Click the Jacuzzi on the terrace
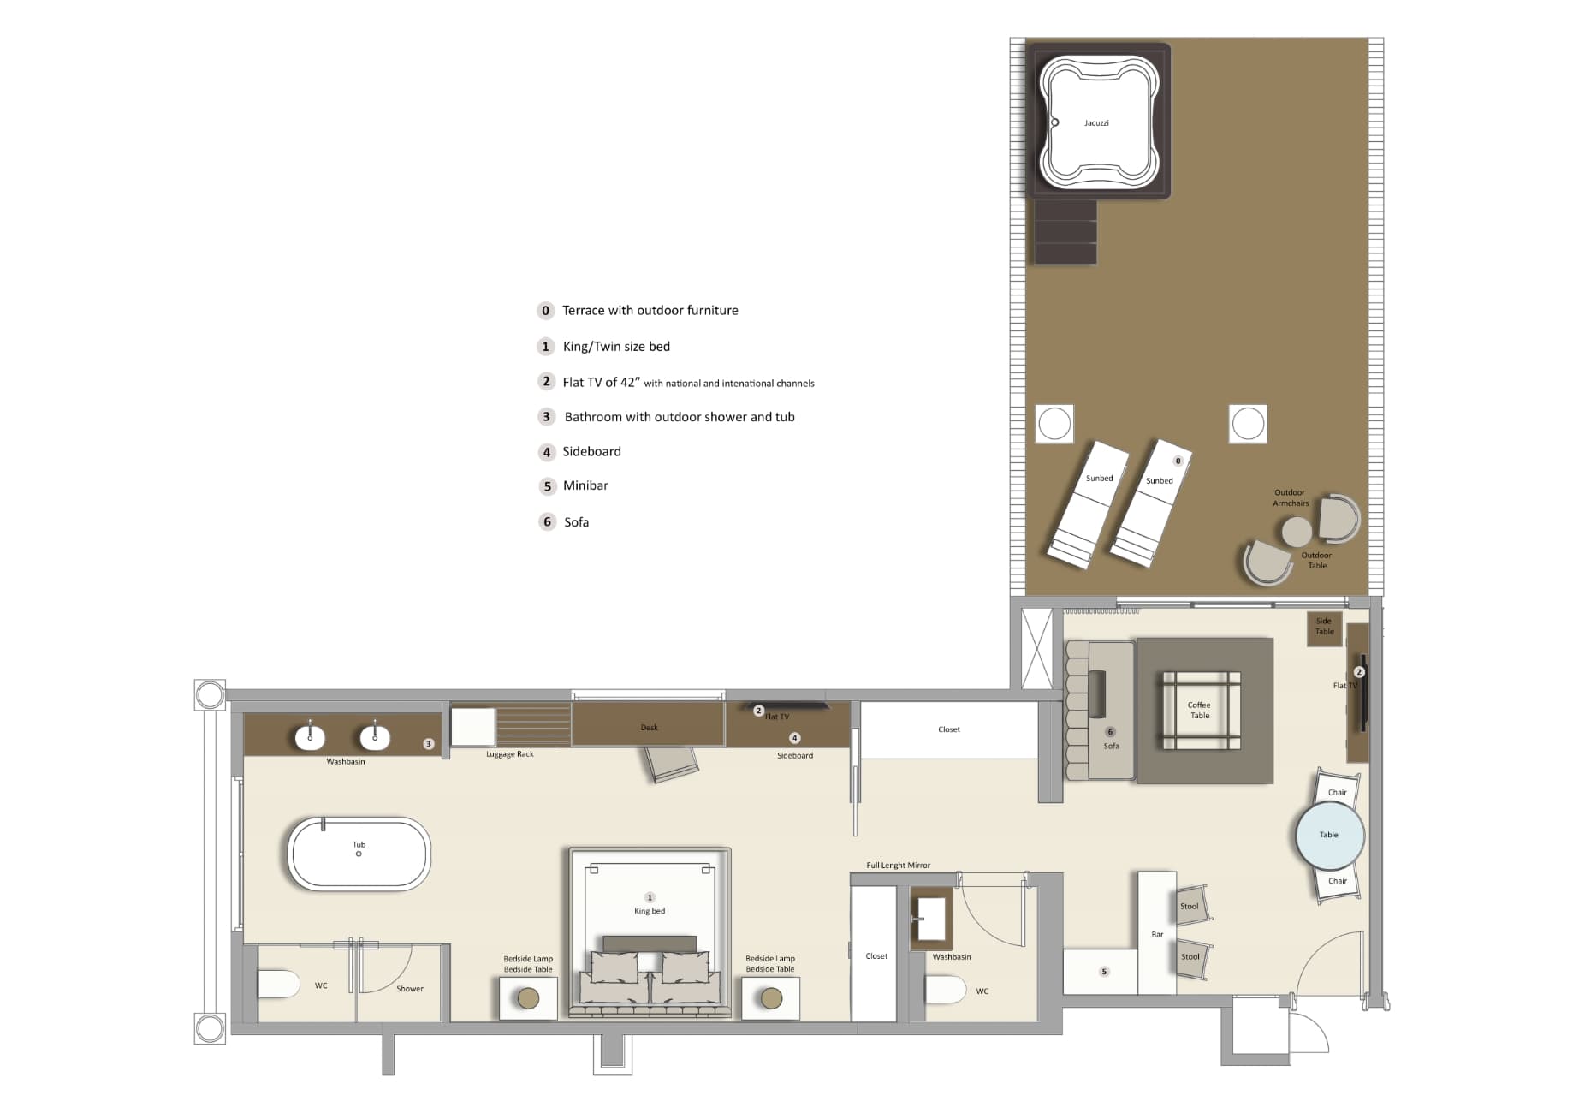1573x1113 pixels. (1097, 122)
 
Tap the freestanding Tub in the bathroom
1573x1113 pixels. (359, 854)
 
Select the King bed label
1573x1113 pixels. (650, 911)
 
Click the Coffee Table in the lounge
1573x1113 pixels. (1200, 711)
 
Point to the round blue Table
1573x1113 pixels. (1329, 835)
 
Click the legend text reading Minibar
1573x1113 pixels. (585, 485)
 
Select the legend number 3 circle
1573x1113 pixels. (547, 417)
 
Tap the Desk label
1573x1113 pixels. (650, 728)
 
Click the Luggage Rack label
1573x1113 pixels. (510, 754)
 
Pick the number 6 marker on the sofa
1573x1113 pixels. (1110, 732)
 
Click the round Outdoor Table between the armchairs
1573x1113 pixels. (1297, 532)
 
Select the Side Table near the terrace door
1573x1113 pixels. (1324, 627)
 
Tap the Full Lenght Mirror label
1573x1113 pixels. (898, 866)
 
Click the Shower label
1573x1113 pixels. (410, 989)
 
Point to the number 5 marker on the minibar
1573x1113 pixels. (1104, 972)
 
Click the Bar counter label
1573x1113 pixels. (1157, 935)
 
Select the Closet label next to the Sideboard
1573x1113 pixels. (949, 729)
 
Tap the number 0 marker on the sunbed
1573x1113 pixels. (1178, 461)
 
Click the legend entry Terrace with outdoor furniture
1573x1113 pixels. (650, 311)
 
